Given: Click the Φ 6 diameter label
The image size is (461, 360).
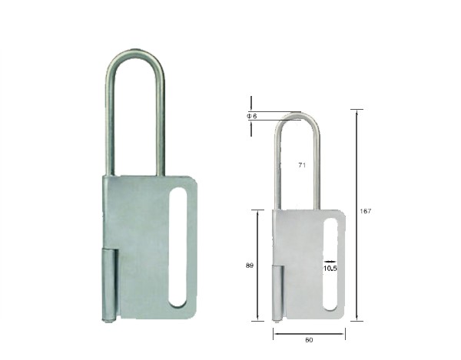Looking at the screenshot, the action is pos(252,116).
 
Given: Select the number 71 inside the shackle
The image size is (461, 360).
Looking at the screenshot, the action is pos(302,165).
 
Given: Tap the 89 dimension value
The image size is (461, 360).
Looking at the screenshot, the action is pos(249,266).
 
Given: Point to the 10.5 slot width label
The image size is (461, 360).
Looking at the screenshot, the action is pos(330,269).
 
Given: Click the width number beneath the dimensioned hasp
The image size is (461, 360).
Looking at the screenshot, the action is pos(309,340).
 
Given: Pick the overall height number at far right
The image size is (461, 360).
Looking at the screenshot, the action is pos(366,211).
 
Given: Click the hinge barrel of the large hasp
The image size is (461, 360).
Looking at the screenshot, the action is pos(109,284).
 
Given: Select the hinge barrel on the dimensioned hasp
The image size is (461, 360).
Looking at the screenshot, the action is pos(277,292).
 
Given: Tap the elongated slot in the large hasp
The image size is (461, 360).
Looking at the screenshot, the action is pos(178,247).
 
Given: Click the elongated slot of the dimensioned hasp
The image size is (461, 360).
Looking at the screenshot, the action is pos(330,264).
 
